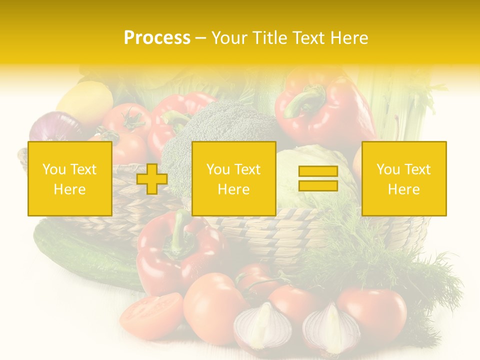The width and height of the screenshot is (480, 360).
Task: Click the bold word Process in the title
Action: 157,37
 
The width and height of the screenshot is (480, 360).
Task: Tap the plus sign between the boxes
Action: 152,179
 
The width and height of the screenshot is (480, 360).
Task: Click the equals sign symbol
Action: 318,179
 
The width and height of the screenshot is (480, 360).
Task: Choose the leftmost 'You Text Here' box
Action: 69,179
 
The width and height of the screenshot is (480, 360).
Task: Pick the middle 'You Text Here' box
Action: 233,179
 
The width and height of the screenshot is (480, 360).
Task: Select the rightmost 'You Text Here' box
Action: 403,179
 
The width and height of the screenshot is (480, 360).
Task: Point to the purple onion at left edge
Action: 52,127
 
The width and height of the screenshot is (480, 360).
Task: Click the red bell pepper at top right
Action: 325,107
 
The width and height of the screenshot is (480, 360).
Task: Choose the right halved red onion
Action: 330,330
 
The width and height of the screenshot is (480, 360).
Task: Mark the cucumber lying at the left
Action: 85,255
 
